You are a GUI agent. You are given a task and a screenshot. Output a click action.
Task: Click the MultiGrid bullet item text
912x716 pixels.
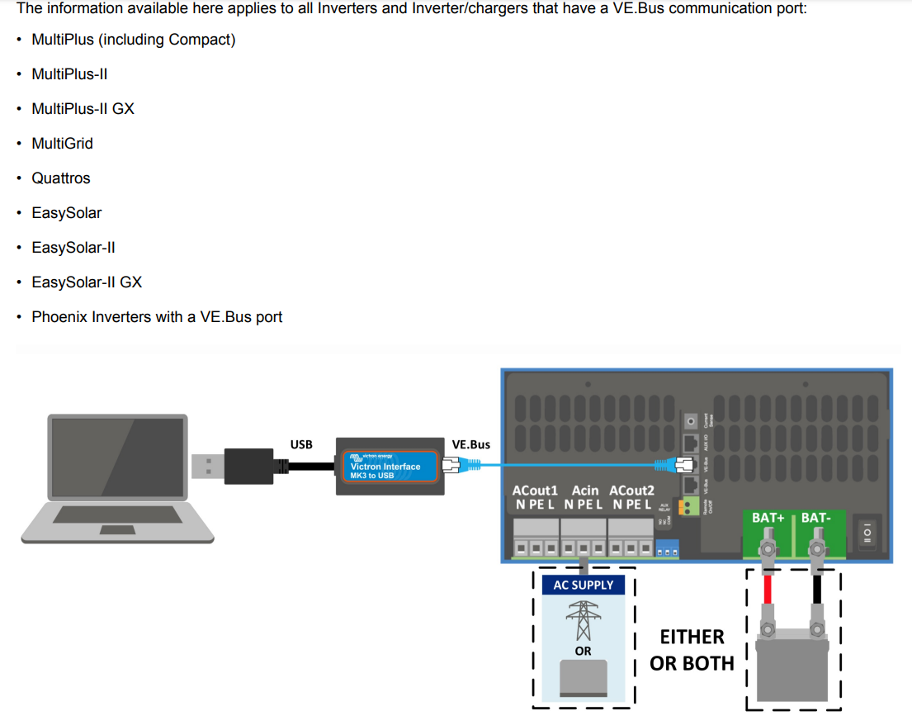pos(62,144)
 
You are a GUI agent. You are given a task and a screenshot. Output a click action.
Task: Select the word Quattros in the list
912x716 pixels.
pos(61,178)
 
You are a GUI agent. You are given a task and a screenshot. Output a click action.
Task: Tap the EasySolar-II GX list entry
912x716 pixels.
pos(87,282)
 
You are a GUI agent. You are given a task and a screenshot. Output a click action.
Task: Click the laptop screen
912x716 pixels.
pos(116,459)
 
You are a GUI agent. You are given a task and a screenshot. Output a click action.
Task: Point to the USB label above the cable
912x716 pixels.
pos(301,444)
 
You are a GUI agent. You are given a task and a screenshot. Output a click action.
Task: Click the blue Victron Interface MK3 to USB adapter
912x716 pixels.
pos(386,467)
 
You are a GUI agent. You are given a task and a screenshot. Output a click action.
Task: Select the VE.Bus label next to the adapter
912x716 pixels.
pos(471,444)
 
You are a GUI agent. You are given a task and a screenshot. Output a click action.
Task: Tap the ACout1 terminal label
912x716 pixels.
pos(536,491)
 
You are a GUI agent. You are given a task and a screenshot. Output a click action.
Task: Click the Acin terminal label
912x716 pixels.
pos(585,491)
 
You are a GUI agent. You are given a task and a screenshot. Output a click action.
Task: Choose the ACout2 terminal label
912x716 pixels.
pos(631,491)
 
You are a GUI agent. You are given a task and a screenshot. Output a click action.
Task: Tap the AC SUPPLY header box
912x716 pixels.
pos(584,585)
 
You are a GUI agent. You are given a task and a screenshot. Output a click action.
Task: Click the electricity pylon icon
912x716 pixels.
pos(584,620)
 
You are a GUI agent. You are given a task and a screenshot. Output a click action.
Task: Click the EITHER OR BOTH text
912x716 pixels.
pos(692,650)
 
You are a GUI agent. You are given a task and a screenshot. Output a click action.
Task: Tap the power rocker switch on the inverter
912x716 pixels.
pos(867,534)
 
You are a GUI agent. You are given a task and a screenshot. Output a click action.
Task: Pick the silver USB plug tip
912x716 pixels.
pos(205,466)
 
